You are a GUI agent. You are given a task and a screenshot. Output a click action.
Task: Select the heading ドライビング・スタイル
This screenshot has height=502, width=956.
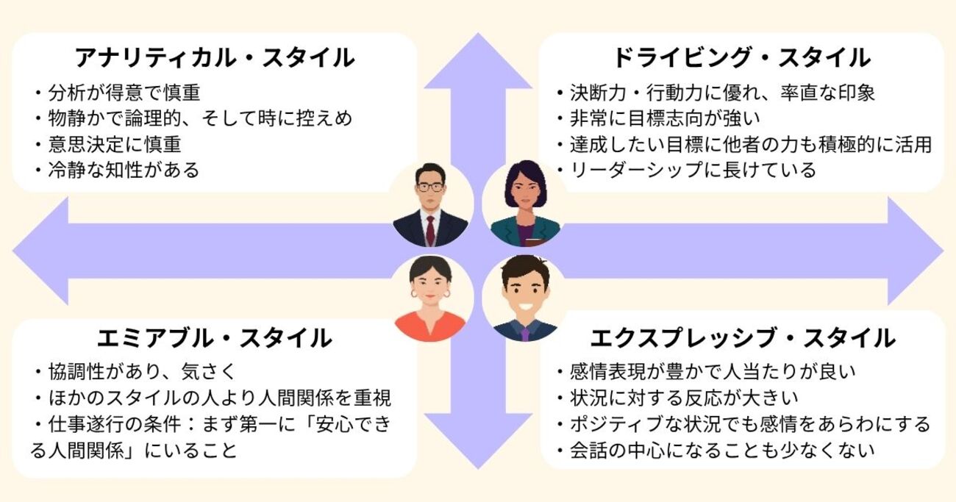[x=741, y=57]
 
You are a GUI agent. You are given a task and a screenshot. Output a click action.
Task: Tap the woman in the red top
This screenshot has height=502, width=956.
[x=429, y=300]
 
